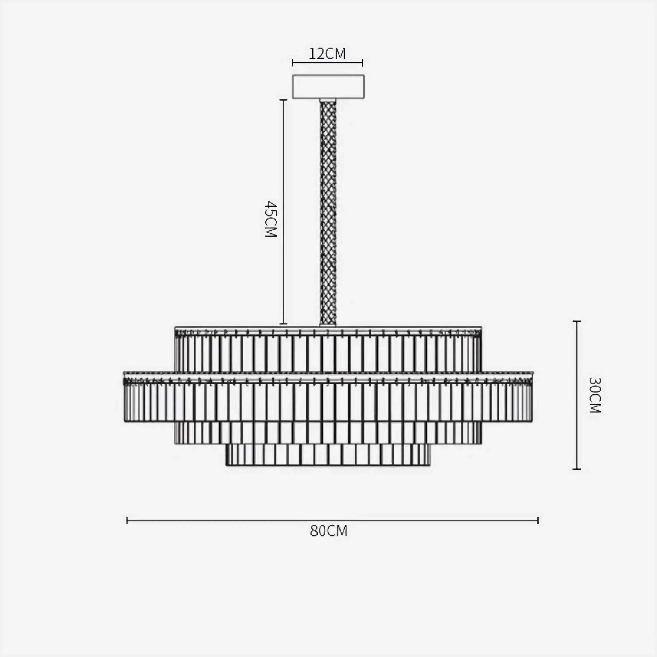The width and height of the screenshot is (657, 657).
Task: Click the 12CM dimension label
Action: (327, 54)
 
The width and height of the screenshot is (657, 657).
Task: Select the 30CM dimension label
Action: (595, 395)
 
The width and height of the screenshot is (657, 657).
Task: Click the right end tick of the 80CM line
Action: (538, 520)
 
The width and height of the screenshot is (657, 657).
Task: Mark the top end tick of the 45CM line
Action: (283, 100)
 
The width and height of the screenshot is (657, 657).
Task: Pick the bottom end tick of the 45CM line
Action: (283, 324)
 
